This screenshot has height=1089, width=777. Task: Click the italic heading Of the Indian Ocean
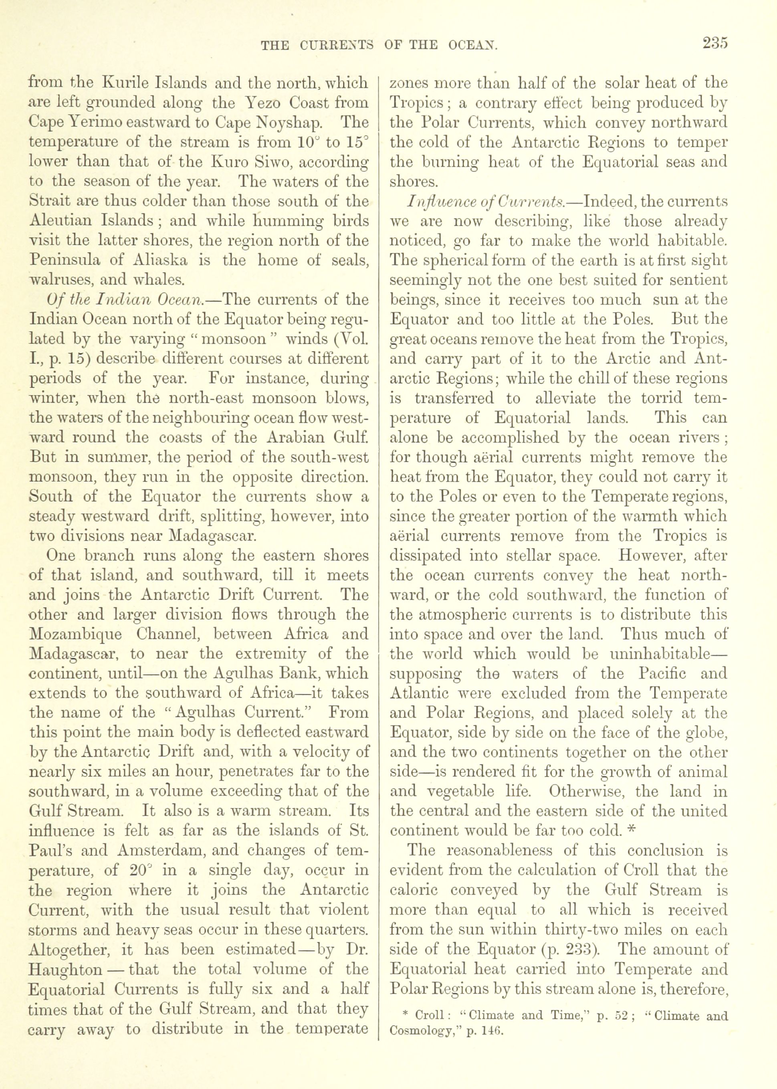coord(131,299)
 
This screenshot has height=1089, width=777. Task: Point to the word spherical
coord(452,260)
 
